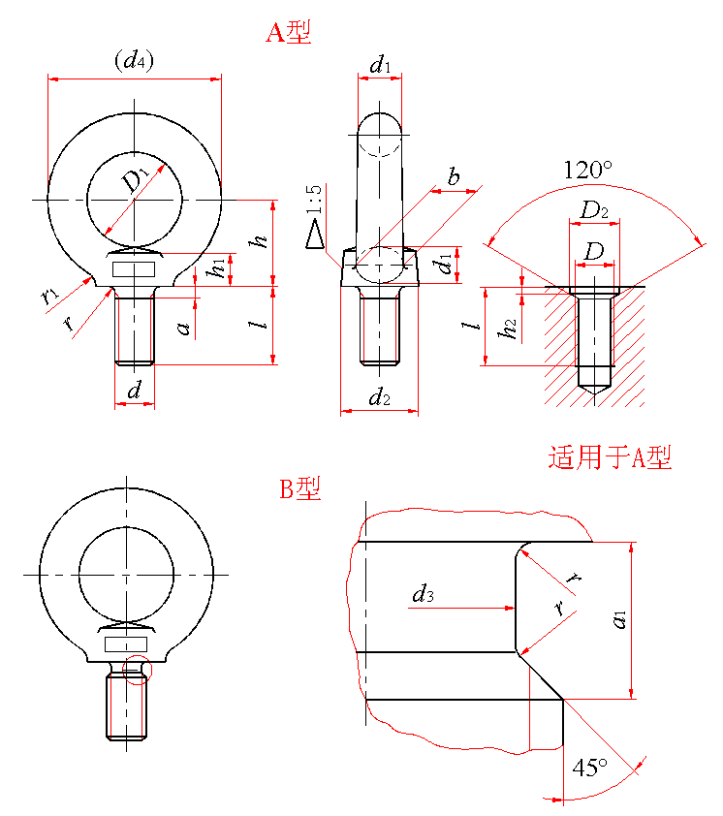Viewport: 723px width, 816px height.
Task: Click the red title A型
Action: coord(289,33)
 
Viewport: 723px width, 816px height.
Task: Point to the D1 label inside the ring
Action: coord(135,180)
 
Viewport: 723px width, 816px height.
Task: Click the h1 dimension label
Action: coord(220,267)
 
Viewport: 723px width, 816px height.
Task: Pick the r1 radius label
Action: coord(50,294)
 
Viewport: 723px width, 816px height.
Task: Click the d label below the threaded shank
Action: coord(135,390)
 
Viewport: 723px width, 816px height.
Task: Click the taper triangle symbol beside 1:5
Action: coord(314,235)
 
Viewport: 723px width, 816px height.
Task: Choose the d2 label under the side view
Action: coord(379,396)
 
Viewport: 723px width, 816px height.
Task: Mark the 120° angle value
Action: coord(588,170)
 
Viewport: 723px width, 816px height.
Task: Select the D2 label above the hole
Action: coord(594,210)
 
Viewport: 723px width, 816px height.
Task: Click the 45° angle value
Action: coord(589,768)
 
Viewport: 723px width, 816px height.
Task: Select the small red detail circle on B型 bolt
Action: coord(138,671)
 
